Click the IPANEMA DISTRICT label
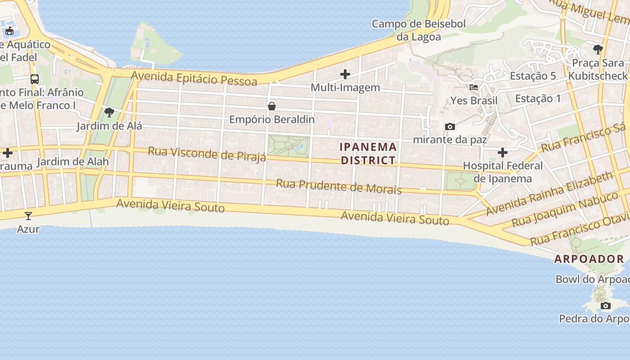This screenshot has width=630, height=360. click(x=368, y=153)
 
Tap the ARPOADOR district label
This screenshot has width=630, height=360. click(x=589, y=259)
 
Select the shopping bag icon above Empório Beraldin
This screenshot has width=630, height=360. click(x=272, y=107)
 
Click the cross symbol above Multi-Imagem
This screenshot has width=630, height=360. click(x=345, y=74)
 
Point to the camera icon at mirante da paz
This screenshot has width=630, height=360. click(x=450, y=127)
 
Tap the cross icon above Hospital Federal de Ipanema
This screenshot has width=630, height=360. click(x=503, y=153)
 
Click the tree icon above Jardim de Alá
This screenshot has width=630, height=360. click(x=109, y=112)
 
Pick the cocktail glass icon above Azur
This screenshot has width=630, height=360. click(x=28, y=216)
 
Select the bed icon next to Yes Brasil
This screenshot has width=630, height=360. click(x=474, y=87)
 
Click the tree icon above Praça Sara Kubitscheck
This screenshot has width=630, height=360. click(x=598, y=49)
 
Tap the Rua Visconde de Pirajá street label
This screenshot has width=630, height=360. click(x=207, y=153)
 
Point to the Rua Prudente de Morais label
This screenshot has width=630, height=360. click(x=338, y=186)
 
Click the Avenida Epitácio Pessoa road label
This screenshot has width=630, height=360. click(x=194, y=78)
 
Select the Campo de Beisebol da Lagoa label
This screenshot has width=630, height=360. click(x=418, y=30)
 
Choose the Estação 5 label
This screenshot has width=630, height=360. click(x=533, y=76)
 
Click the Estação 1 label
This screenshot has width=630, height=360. click(x=538, y=98)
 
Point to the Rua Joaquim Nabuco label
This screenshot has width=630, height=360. click(x=565, y=209)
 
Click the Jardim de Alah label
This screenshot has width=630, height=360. click(x=73, y=162)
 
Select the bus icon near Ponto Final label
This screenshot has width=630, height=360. click(x=35, y=79)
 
